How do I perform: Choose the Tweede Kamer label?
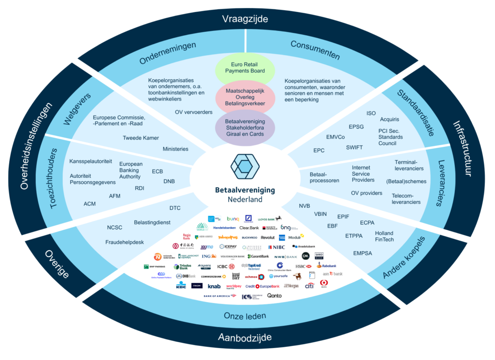141,138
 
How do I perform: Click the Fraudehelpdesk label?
125,242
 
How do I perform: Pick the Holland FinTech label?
384,236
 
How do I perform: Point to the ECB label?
158,171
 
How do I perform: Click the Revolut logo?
267,238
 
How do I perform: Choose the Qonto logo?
274,295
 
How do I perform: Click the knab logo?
214,286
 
